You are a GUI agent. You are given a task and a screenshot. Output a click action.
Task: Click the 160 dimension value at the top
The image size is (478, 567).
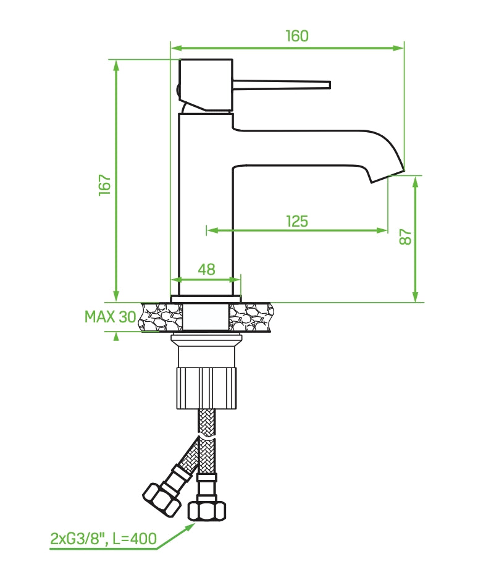(x=296, y=36)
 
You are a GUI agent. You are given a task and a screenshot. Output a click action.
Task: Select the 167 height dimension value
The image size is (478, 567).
(x=104, y=185)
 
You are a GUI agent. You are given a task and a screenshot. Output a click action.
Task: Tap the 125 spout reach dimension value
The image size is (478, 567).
(x=297, y=220)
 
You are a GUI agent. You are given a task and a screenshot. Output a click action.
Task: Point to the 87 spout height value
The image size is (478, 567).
(x=405, y=237)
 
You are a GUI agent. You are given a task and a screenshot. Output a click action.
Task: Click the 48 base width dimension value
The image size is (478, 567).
(x=206, y=269)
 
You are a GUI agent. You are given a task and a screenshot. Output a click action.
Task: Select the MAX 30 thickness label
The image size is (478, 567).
(x=110, y=317)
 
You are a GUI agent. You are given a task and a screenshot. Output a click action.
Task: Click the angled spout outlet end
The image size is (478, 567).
(x=387, y=175)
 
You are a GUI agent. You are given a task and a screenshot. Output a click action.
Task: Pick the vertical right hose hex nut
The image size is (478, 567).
(x=206, y=511)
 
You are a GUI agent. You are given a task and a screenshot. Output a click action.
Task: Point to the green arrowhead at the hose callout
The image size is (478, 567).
(x=190, y=526)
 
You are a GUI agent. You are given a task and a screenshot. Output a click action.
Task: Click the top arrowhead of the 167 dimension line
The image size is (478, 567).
(x=115, y=65)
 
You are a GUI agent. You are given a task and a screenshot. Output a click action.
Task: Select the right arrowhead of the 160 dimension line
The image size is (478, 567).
(x=399, y=48)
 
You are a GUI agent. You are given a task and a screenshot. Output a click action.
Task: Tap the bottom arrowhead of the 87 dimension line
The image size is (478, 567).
(x=416, y=298)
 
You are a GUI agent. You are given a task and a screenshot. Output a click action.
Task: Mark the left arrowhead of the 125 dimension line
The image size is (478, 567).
(x=211, y=230)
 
